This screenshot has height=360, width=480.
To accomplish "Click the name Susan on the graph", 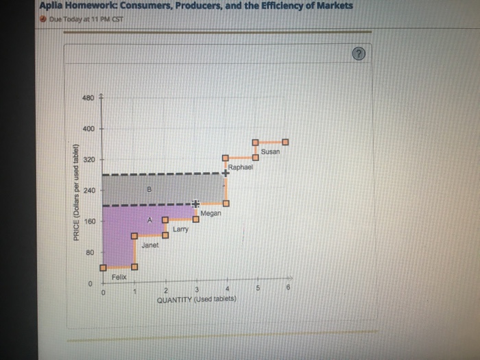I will pyautogui.click(x=270, y=152).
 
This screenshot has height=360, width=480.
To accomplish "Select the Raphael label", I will pyautogui.click(x=241, y=167).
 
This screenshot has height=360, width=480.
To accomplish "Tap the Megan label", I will pyautogui.click(x=211, y=213).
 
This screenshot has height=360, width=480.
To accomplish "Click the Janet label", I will pyautogui.click(x=150, y=245).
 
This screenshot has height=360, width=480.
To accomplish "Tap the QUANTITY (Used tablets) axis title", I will pyautogui.click(x=196, y=300).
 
